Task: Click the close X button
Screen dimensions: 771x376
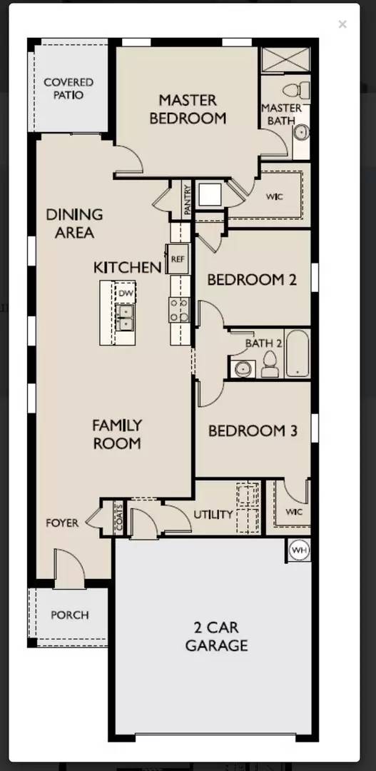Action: (x=342, y=24)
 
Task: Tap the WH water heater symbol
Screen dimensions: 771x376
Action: (x=299, y=550)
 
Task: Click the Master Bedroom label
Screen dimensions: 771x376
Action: (x=188, y=109)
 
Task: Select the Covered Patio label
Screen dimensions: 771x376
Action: (x=68, y=89)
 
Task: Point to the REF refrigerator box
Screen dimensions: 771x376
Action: (x=177, y=259)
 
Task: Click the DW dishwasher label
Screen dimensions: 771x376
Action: (x=126, y=293)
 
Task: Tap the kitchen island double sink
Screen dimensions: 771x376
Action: (x=125, y=318)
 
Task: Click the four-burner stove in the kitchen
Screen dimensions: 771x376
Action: (x=178, y=310)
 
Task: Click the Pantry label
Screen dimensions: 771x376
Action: (x=187, y=200)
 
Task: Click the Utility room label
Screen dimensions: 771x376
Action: (x=213, y=515)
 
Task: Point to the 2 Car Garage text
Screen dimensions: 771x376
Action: (x=216, y=637)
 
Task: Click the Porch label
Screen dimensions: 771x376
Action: (x=69, y=615)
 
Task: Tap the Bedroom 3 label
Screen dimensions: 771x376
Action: (x=253, y=431)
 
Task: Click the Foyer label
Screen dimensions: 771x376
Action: (x=62, y=523)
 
